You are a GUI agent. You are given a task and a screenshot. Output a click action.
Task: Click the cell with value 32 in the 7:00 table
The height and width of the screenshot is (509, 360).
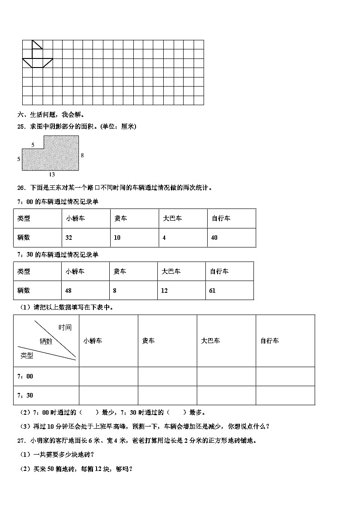coord(69,238)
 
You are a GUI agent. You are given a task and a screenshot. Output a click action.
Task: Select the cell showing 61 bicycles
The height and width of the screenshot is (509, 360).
coord(212,291)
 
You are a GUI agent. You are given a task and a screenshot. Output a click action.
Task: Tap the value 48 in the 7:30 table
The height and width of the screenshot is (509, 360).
coord(69,291)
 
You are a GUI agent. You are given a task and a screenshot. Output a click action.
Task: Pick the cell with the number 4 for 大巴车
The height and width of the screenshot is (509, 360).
coord(164,238)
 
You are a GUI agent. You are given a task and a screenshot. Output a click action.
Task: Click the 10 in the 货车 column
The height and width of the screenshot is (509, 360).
coord(117,238)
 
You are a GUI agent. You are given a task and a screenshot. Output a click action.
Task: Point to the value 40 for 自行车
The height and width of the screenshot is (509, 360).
coord(214,238)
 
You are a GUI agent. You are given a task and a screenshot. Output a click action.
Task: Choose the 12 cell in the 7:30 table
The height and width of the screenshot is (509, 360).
coord(164,291)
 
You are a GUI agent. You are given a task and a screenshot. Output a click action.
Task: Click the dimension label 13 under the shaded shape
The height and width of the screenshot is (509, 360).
coord(52,174)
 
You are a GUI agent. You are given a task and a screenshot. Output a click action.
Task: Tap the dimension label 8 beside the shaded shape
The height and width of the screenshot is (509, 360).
coord(82,155)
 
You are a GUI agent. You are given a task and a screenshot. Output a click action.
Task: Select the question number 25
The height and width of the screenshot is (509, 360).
coord(21,126)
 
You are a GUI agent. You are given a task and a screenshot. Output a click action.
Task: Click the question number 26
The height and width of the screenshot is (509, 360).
coord(21,188)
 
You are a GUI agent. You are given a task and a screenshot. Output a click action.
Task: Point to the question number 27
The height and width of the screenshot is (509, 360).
coord(21,440)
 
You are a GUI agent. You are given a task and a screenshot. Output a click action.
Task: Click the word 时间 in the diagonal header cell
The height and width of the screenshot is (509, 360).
coord(65,327)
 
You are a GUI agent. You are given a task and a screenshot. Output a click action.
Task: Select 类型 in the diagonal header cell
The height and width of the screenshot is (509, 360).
coord(27,356)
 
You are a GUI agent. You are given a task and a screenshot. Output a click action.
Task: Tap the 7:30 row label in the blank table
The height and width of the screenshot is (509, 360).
coord(25,395)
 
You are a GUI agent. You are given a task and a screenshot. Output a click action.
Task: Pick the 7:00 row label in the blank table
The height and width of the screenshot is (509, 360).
coord(25,376)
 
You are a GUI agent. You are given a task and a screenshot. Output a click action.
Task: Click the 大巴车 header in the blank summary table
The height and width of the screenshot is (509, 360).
coord(210,340)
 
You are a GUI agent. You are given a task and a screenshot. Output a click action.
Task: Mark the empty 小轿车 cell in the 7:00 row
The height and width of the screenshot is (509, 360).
coord(108,376)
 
